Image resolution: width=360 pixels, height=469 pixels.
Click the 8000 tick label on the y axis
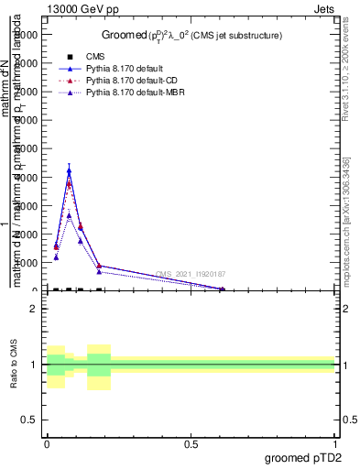click(x=27, y=62)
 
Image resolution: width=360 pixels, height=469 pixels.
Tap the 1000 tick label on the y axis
click(x=27, y=263)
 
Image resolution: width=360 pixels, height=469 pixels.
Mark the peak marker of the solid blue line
click(x=69, y=170)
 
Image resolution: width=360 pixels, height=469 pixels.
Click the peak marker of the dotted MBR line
click(x=69, y=216)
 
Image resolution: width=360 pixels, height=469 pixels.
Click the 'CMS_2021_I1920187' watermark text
click(x=191, y=274)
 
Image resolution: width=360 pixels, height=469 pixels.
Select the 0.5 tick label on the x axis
click(x=191, y=442)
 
